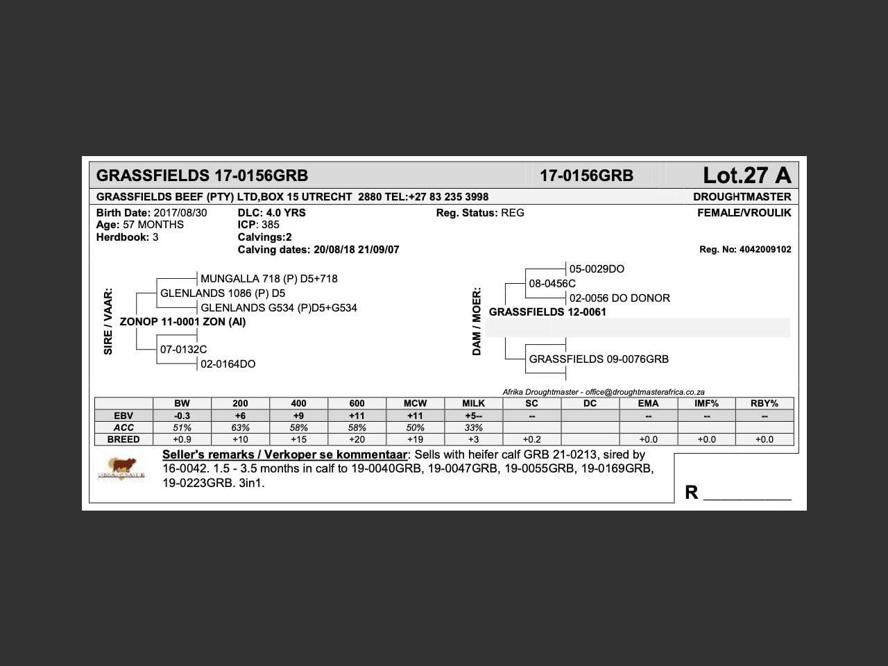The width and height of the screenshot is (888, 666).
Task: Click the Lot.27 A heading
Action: (746, 175)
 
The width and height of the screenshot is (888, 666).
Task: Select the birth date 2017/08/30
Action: (180, 213)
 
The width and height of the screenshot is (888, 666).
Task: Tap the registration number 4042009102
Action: (765, 250)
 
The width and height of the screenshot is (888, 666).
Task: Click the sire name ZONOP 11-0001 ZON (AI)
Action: (182, 322)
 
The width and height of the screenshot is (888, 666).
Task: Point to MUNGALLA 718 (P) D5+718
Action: (268, 279)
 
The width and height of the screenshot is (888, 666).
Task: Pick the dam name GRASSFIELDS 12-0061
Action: (547, 312)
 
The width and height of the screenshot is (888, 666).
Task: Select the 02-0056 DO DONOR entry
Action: (620, 298)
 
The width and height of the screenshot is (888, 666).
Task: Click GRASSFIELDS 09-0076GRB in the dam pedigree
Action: (599, 359)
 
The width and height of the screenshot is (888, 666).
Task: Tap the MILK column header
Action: (473, 403)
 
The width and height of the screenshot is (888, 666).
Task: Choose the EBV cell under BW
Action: (182, 416)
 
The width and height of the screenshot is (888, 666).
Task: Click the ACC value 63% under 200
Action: (240, 427)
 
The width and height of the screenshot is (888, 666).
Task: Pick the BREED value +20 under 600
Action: (357, 439)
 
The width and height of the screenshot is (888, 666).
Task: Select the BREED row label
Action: (123, 439)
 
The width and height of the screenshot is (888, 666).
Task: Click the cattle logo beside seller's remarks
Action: (121, 468)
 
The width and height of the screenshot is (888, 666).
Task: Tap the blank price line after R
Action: (747, 494)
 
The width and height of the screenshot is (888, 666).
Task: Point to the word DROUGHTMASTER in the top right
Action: (742, 197)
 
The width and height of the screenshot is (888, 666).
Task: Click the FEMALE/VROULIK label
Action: (744, 213)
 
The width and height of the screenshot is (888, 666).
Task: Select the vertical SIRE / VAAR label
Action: (108, 322)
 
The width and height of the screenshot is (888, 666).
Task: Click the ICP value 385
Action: (271, 225)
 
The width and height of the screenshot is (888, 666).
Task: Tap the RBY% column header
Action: (764, 403)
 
